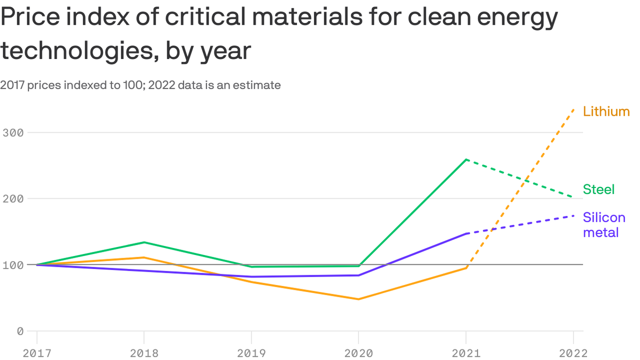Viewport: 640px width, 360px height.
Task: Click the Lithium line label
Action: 606,112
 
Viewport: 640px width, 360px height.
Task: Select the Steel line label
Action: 598,189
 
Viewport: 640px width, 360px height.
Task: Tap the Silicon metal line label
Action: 604,225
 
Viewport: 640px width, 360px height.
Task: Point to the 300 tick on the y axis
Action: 13,133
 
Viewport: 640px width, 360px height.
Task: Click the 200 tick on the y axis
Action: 13,199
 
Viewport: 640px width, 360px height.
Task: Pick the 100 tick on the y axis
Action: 13,265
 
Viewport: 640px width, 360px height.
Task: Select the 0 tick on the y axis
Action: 20,331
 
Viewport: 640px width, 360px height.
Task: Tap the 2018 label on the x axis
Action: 144,353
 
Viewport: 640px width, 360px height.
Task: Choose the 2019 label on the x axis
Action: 252,353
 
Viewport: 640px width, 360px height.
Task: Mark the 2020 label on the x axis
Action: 358,353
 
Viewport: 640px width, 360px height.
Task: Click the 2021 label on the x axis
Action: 466,353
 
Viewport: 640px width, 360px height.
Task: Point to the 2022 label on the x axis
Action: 573,353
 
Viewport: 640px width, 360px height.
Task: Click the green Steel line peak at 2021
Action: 466,159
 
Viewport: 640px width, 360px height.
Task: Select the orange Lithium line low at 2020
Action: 358,299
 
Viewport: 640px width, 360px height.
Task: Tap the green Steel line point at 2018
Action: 144,242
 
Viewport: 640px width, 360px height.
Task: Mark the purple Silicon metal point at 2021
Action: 466,233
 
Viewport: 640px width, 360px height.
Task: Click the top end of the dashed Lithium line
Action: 573,109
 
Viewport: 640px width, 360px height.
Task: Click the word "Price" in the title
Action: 31,18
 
